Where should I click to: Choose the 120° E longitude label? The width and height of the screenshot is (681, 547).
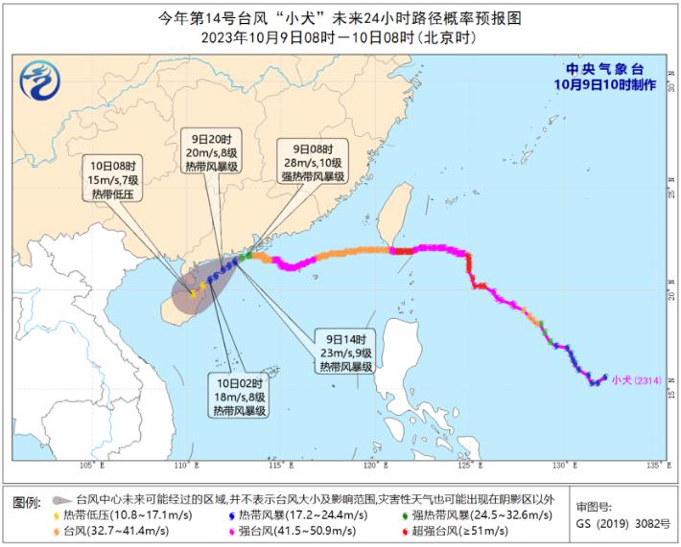[x=370, y=466]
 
